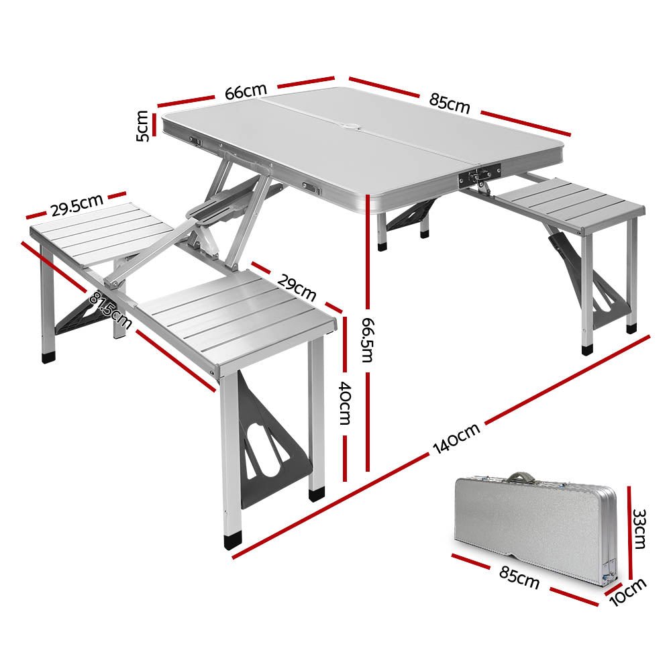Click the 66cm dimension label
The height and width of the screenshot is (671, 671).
pyautogui.click(x=246, y=91)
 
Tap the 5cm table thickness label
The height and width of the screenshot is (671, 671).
pyautogui.click(x=142, y=125)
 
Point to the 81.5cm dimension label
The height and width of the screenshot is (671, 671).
pyautogui.click(x=111, y=307)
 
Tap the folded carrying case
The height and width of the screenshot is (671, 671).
pyautogui.click(x=533, y=527)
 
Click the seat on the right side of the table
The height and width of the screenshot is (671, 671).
pyautogui.click(x=570, y=205)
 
